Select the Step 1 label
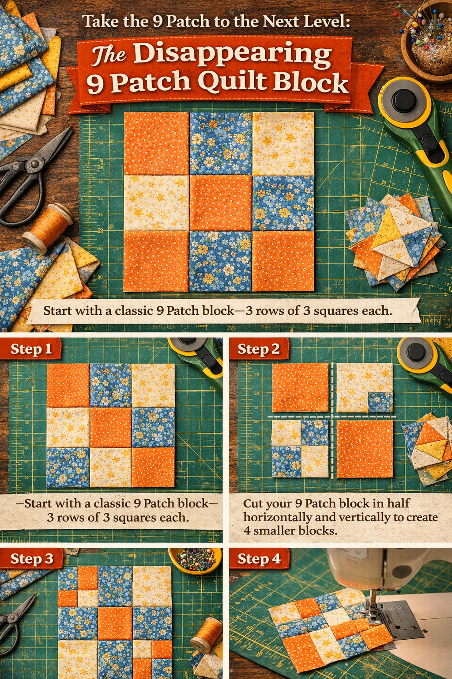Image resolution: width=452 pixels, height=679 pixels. click(31, 349)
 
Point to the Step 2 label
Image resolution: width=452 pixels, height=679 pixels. click(259, 349)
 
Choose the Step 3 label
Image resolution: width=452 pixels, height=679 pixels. click(32, 559)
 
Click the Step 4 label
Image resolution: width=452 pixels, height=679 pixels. click(259, 559)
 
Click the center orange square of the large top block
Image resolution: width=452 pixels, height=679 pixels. click(220, 202)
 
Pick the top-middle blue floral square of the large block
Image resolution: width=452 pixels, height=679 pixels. click(221, 143)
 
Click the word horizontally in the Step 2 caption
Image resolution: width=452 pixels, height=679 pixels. click(278, 517)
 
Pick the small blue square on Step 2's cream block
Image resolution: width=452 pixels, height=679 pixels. click(380, 402)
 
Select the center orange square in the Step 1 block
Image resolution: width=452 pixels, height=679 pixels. click(111, 427)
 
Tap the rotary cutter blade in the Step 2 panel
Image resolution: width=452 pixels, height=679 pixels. click(415, 352)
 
